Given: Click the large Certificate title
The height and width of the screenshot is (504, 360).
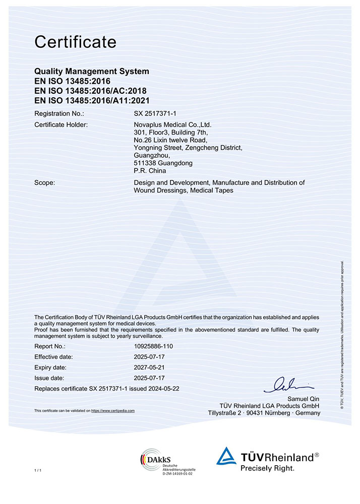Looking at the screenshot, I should click(75, 42).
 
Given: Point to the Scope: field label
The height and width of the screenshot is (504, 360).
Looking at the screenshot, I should click(44, 182).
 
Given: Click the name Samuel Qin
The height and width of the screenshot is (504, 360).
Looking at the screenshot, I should click(304, 399).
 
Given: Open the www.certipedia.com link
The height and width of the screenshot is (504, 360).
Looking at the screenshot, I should click(113, 411).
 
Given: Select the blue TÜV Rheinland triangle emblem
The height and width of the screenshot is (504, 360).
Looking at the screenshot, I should click(226, 456).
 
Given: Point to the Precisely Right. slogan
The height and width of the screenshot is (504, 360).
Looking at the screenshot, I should click(267, 468).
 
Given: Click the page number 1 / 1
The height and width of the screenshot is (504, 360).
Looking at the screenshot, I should click(37, 470).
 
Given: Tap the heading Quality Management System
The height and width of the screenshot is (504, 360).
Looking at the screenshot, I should click(91, 72).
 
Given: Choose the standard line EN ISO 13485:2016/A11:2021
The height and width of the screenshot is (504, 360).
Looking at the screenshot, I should click(92, 100).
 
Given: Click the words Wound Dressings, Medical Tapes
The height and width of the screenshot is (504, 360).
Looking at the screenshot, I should click(184, 191).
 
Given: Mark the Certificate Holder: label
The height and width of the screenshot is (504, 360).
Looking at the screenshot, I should click(61, 124).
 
